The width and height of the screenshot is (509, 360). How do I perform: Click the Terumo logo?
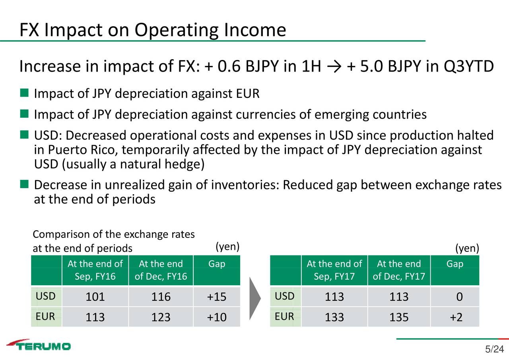tap(39, 345)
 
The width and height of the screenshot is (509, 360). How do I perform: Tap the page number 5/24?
tap(494, 350)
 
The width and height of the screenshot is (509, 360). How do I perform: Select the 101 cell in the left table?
tap(95, 297)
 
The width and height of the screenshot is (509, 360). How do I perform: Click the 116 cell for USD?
tap(161, 297)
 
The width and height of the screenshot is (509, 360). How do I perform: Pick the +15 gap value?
tap(217, 297)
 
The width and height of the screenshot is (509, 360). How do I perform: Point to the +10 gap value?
tap(217, 317)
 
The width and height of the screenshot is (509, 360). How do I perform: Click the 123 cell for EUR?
tap(161, 317)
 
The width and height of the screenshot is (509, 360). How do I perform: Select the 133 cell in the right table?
tap(334, 317)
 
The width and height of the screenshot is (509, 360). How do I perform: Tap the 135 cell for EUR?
tap(399, 317)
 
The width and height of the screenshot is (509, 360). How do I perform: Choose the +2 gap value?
tap(456, 317)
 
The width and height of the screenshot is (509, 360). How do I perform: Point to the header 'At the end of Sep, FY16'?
tap(95, 270)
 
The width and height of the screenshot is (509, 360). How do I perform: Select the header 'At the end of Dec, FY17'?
tap(399, 270)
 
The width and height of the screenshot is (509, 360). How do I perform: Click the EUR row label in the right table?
tap(284, 316)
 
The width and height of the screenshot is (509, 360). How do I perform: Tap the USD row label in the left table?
tap(46, 296)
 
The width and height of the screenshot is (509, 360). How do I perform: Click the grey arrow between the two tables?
tap(254, 298)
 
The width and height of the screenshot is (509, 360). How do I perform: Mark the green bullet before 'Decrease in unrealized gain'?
tap(24, 184)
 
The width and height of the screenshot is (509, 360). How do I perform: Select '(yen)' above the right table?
tap(467, 248)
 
